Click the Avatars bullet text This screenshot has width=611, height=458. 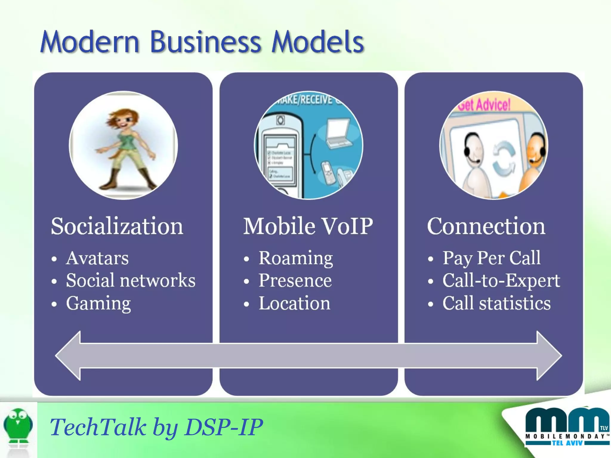97,258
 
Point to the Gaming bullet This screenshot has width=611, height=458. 98,303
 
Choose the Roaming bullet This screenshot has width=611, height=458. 296,258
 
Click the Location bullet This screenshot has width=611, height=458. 294,303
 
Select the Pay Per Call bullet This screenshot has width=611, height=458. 491,258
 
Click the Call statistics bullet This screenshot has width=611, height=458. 496,303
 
